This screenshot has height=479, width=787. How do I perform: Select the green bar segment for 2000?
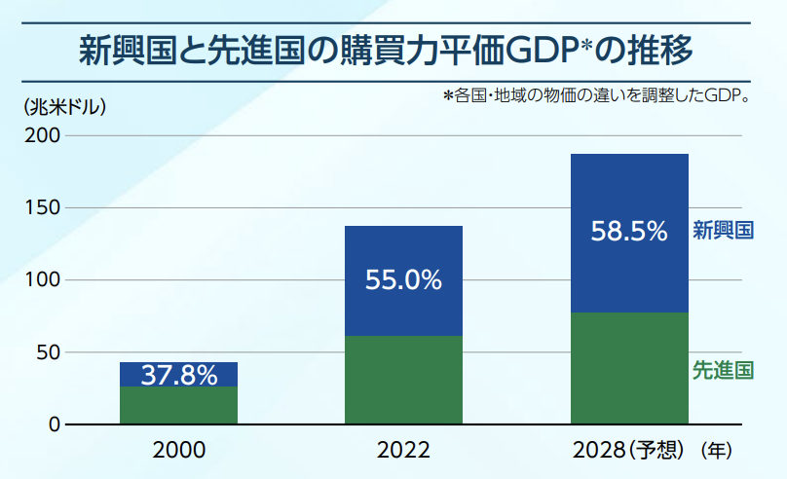click(x=178, y=405)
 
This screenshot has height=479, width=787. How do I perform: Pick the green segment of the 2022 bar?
click(x=403, y=380)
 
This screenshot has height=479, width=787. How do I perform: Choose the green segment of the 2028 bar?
click(x=629, y=368)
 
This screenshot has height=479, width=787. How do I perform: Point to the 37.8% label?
click(x=179, y=375)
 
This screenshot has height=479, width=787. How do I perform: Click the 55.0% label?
click(x=403, y=280)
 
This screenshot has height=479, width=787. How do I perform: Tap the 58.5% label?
click(x=629, y=232)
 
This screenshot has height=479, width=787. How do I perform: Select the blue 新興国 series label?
click(x=723, y=231)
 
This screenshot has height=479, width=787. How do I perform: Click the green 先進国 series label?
click(x=723, y=371)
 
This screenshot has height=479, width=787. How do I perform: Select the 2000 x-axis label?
click(x=179, y=451)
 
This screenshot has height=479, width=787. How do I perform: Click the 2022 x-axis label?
click(x=403, y=451)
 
